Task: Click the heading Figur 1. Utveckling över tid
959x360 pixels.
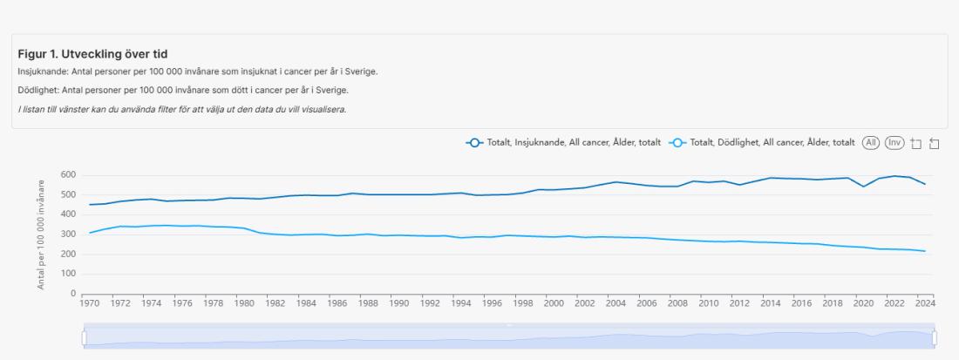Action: tap(92, 54)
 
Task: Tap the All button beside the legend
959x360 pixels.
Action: tap(870, 142)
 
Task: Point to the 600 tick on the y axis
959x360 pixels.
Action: tap(68, 175)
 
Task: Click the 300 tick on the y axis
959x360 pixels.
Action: tap(68, 234)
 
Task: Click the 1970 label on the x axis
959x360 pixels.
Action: tap(90, 304)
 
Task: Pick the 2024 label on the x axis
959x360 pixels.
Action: tap(925, 304)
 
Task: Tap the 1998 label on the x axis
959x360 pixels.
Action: tap(523, 304)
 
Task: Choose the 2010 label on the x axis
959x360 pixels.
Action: tap(709, 304)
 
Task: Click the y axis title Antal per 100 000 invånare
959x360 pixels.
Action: tap(42, 234)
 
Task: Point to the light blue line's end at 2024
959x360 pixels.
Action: tap(925, 251)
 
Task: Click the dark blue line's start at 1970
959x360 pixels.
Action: tap(90, 205)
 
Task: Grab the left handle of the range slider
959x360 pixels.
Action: tap(85, 336)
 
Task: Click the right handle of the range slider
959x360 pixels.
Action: tap(934, 336)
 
